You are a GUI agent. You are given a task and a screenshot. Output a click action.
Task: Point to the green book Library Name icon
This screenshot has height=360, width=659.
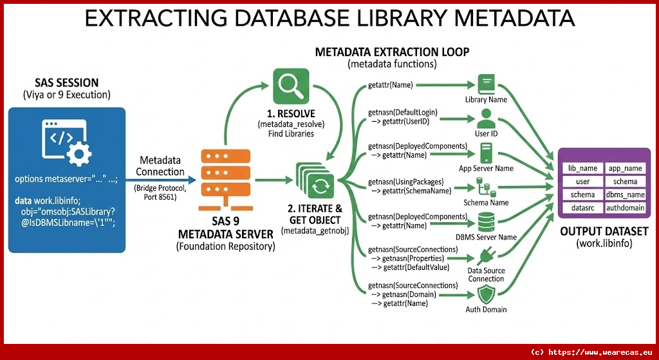point(486,84)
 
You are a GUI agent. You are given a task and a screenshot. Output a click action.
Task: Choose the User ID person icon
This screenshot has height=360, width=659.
point(486,118)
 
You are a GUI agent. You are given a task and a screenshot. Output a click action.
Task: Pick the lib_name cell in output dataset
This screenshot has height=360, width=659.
point(582,168)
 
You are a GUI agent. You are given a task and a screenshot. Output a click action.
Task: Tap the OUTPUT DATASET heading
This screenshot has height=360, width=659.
point(604,231)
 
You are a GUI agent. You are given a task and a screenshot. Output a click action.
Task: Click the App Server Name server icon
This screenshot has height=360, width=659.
point(486,153)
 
